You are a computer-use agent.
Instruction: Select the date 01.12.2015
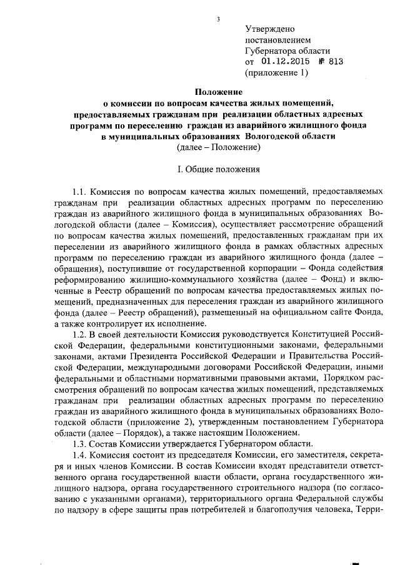(281, 62)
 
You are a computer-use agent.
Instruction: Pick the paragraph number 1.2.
(81, 334)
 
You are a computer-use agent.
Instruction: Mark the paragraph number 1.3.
(81, 443)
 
